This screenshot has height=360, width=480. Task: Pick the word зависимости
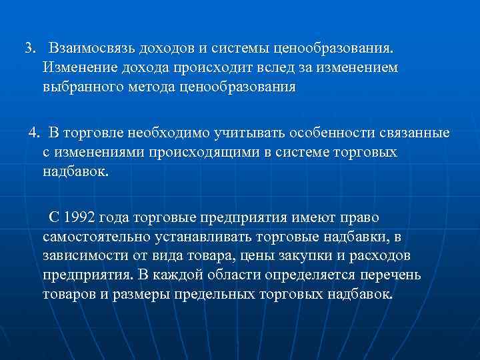click(x=83, y=257)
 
